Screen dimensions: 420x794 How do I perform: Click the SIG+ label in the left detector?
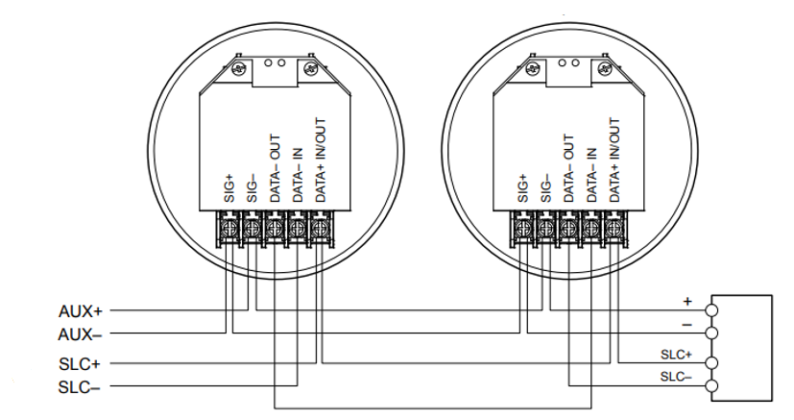(x=229, y=187)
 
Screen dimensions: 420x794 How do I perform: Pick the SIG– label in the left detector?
(x=253, y=187)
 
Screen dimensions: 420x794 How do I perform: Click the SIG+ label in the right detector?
(x=523, y=187)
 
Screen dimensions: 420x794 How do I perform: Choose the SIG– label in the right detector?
(x=546, y=187)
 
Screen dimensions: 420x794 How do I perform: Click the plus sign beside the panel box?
(x=686, y=300)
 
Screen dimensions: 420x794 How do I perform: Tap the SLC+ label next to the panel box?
(x=676, y=354)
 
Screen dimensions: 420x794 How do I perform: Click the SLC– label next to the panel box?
(x=676, y=377)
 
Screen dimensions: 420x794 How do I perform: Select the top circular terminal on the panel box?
(x=711, y=310)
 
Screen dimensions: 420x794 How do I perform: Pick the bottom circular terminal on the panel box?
(x=711, y=387)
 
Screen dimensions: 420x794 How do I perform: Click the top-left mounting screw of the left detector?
(x=239, y=68)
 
